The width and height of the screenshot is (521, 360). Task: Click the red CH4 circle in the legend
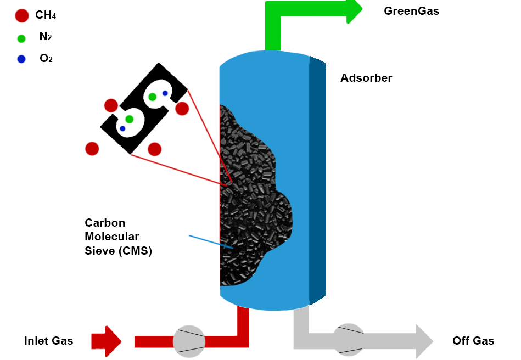(21, 16)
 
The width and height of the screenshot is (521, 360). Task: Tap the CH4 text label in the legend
(46, 15)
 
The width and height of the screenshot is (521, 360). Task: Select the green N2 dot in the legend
(21, 38)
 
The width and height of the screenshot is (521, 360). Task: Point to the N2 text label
(46, 37)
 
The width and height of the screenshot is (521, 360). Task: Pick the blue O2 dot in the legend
(21, 59)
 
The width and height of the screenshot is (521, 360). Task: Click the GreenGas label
(411, 11)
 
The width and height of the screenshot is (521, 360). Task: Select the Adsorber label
(366, 78)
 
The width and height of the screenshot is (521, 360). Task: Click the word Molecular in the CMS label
(111, 237)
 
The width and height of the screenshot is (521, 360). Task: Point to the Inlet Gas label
(48, 341)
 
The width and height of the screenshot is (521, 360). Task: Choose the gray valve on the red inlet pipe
(189, 341)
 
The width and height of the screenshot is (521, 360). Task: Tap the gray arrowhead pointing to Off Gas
(424, 341)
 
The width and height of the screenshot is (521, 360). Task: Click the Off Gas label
(473, 341)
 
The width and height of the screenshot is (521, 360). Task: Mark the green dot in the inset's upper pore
(152, 97)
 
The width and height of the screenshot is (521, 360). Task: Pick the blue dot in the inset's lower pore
(122, 128)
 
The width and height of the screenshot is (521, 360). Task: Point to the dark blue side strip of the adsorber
(317, 181)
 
